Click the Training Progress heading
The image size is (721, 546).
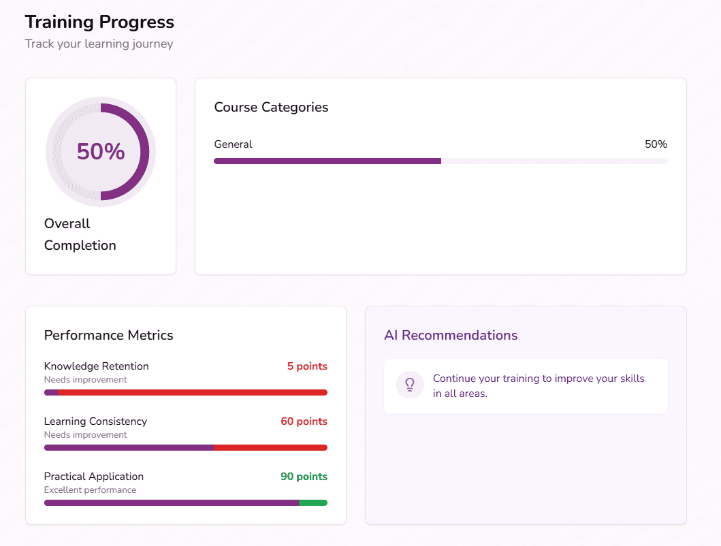(x=99, y=22)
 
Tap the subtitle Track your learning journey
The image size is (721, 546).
(x=99, y=44)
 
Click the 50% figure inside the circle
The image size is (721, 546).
(x=101, y=151)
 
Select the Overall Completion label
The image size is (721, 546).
(x=80, y=234)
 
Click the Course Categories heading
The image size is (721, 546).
(x=271, y=107)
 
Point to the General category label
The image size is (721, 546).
(x=233, y=144)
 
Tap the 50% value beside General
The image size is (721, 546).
(x=656, y=144)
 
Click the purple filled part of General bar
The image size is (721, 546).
(x=327, y=161)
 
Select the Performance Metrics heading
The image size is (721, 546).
(x=108, y=335)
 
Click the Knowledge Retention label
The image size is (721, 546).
(x=96, y=366)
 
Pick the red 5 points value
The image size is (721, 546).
(x=307, y=366)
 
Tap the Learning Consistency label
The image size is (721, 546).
(x=95, y=421)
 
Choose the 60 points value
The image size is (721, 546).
(x=304, y=421)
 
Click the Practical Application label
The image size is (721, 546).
(x=94, y=477)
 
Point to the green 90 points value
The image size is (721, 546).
(x=304, y=477)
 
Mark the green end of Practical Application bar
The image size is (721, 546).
(x=313, y=503)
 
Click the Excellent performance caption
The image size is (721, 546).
(x=90, y=490)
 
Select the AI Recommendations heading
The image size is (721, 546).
(x=451, y=335)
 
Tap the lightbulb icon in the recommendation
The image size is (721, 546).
(x=410, y=385)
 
